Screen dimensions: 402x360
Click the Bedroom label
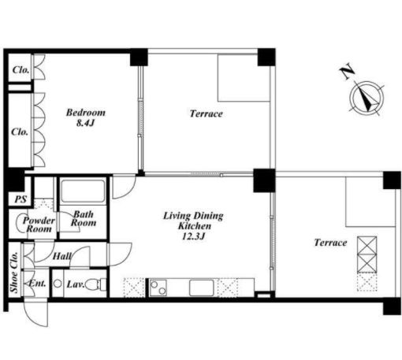coord(86,113)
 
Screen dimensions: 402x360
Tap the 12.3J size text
coord(193,236)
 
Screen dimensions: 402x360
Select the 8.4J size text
coord(85,123)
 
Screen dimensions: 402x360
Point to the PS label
coord(20,199)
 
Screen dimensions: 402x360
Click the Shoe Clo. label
coord(15,273)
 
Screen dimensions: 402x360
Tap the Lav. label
coord(76,284)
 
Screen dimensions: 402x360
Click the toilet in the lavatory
coord(96,284)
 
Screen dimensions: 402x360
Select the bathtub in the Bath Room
coord(83,191)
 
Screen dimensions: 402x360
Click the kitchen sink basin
coord(202,288)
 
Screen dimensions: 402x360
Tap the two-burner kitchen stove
coord(158,288)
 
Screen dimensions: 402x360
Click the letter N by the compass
coord(347,71)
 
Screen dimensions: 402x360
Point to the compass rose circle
coord(367,98)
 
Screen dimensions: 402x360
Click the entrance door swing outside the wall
coord(35,313)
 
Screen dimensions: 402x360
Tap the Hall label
coord(62,256)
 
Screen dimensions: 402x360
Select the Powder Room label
coord(39,225)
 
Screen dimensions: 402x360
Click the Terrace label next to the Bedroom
coord(207,113)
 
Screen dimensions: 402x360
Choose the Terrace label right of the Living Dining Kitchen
coord(330,243)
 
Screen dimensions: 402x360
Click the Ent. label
coord(37,284)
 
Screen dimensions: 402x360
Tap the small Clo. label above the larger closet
coord(20,70)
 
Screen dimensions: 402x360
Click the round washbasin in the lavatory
coord(58,284)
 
